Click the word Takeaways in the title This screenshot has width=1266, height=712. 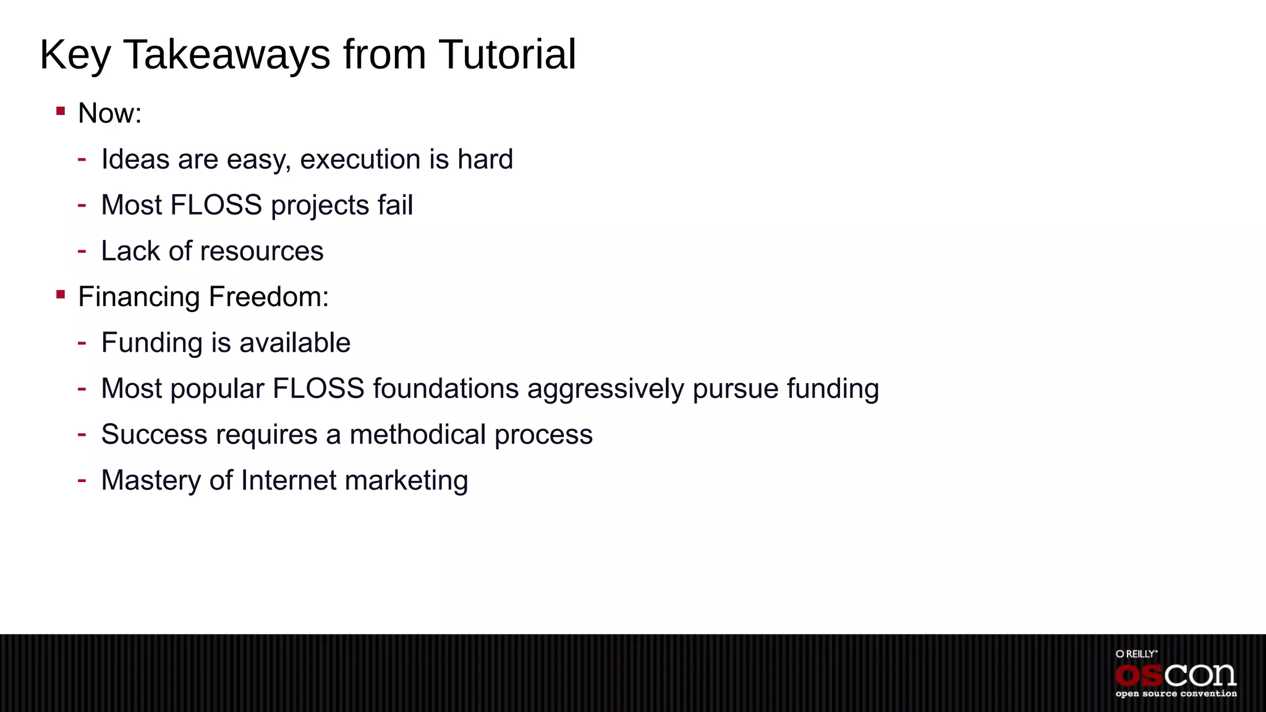[227, 55]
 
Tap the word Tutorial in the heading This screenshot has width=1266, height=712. [507, 55]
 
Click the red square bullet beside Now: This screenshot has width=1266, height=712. [61, 111]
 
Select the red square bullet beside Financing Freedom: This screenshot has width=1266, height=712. [61, 295]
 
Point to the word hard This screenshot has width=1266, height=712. [485, 159]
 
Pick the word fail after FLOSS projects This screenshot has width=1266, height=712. [395, 205]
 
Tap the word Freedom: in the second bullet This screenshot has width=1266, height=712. [269, 297]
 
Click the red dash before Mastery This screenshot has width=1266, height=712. [82, 479]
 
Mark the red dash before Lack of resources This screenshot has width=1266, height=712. [82, 250]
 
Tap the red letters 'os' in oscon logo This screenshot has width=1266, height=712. [1139, 676]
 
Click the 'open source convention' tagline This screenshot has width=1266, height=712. [1176, 694]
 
